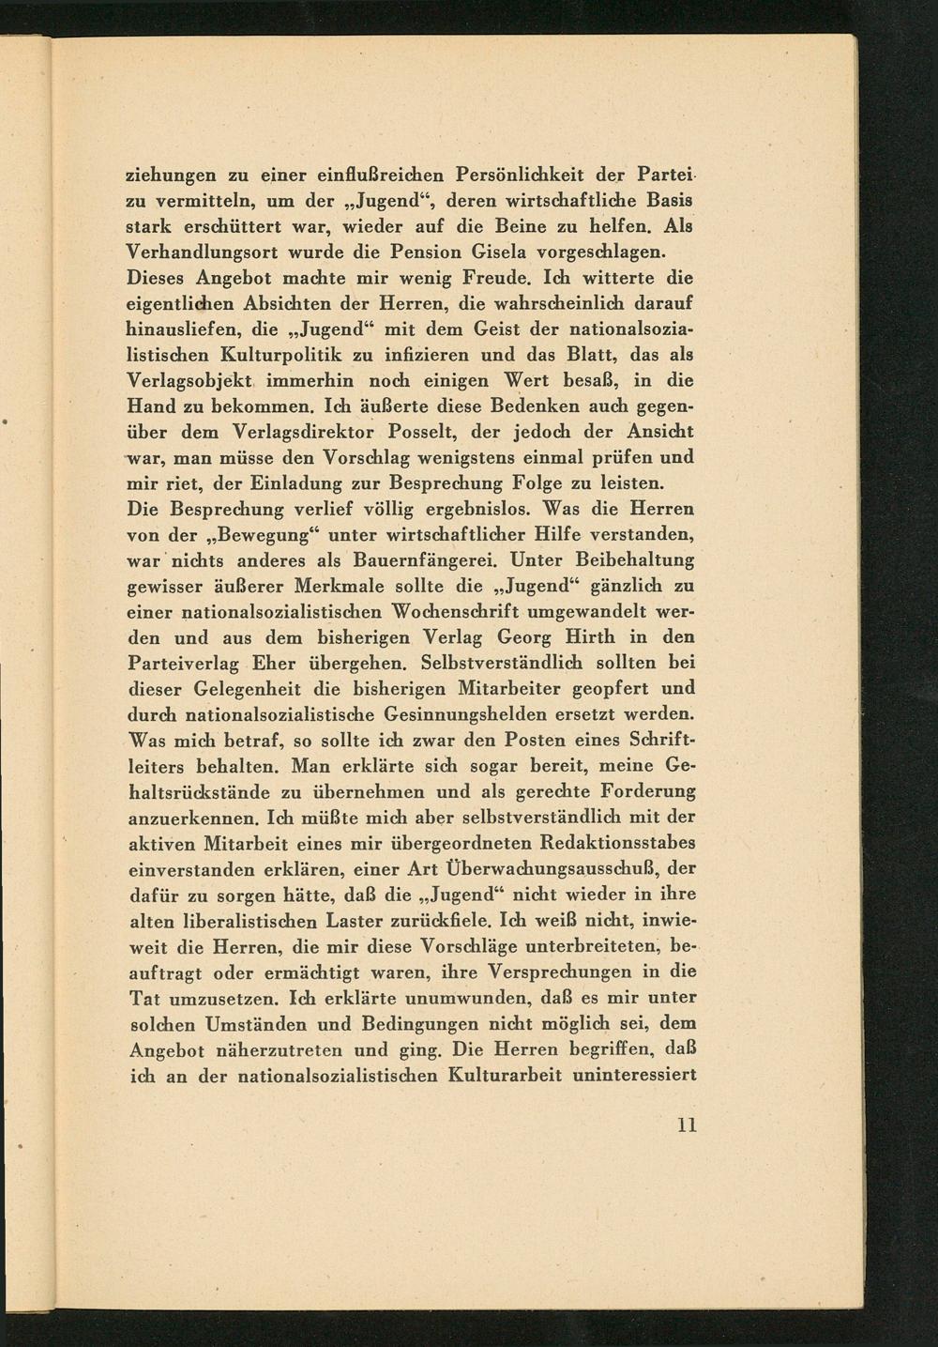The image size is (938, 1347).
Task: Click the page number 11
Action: [x=687, y=1125]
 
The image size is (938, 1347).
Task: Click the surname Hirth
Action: [x=590, y=637]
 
